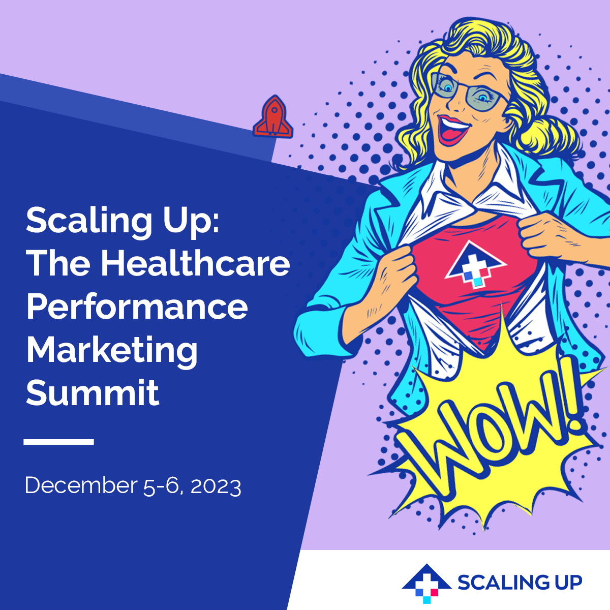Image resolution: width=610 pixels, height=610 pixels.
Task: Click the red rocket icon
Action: tap(273, 117)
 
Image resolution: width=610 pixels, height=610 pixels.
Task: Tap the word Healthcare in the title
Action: tap(195, 263)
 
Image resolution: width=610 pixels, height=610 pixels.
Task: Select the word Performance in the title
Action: tap(137, 308)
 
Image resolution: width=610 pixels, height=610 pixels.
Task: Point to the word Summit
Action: tap(92, 393)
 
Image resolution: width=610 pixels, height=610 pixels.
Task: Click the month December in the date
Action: tap(81, 485)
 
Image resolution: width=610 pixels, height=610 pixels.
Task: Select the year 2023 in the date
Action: tap(216, 486)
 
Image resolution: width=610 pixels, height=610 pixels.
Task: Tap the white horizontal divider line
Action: tap(58, 442)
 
